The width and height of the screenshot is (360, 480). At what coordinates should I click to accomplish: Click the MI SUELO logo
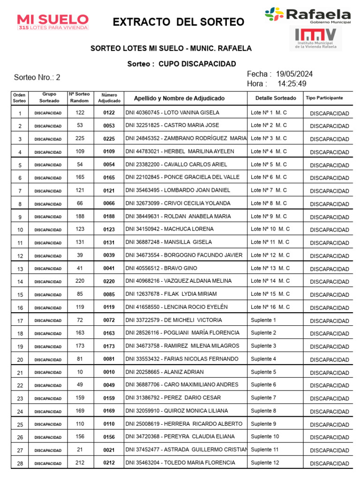pos(52,22)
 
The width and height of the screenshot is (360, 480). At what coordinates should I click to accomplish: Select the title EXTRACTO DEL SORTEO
pos(179,22)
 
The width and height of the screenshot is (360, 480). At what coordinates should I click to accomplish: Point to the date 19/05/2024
pos(294,74)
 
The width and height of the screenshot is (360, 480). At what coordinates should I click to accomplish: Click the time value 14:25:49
pos(292,84)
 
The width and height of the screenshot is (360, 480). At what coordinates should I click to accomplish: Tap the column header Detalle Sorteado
pos(276,98)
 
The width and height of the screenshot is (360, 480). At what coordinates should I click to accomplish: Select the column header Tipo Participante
pos(324,98)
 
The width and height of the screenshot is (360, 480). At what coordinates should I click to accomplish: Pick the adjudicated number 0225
pos(109,139)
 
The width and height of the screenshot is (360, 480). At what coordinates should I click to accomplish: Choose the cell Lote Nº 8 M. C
pos(269,203)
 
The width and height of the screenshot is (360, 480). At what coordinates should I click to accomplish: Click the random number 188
pos(80,216)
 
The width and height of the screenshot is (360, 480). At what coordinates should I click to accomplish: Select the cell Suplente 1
pos(263,320)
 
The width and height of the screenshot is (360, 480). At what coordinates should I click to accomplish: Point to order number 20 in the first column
pos(20,360)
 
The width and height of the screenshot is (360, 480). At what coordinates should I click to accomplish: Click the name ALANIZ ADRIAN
pos(183,372)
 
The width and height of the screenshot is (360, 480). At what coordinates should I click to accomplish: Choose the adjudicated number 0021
pos(109,450)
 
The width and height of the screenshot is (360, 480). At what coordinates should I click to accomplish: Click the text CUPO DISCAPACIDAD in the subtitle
pos(197,64)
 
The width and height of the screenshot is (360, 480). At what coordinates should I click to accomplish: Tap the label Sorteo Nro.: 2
pos(37,77)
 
